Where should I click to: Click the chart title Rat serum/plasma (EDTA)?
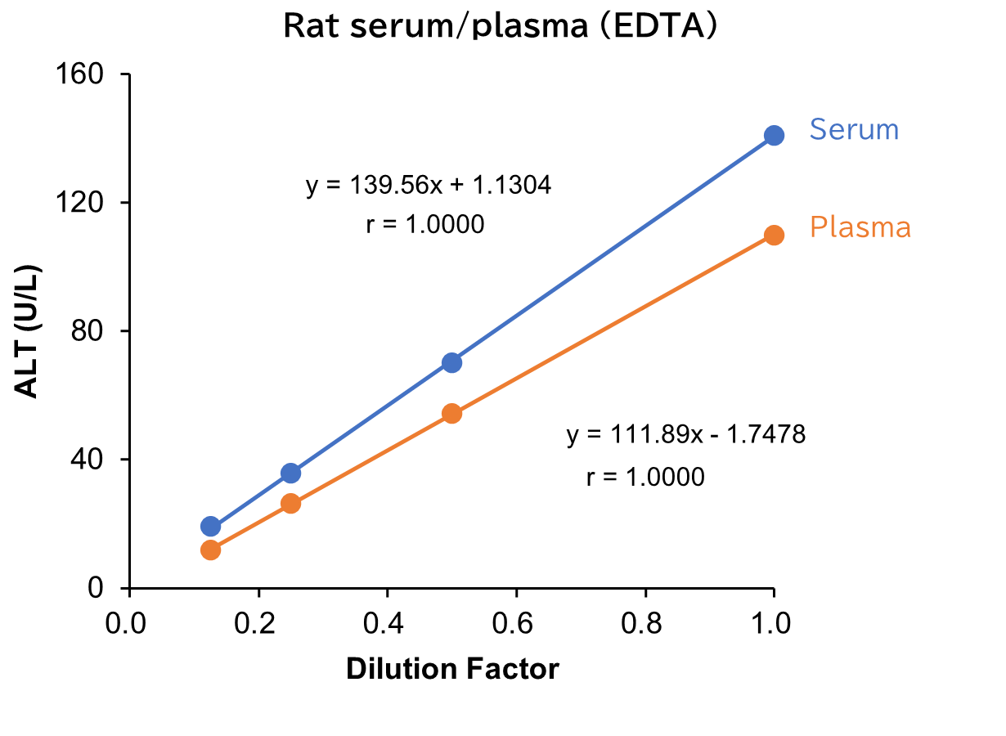click(x=500, y=26)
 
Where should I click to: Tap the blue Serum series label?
click(x=854, y=130)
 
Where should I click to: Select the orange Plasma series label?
click(x=860, y=227)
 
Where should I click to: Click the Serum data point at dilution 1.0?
click(x=774, y=136)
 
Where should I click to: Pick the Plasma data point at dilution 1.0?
click(x=774, y=236)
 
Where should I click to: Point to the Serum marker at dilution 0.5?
click(x=451, y=362)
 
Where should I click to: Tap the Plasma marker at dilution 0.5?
click(x=451, y=414)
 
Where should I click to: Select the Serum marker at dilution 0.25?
click(x=290, y=473)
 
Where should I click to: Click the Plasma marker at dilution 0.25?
click(x=290, y=504)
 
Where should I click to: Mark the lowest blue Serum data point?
click(x=210, y=527)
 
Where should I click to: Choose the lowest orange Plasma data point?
click(x=210, y=550)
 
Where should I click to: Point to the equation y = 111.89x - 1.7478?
click(x=685, y=436)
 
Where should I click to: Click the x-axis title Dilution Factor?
click(x=452, y=669)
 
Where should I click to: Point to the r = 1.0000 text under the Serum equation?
click(x=425, y=225)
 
